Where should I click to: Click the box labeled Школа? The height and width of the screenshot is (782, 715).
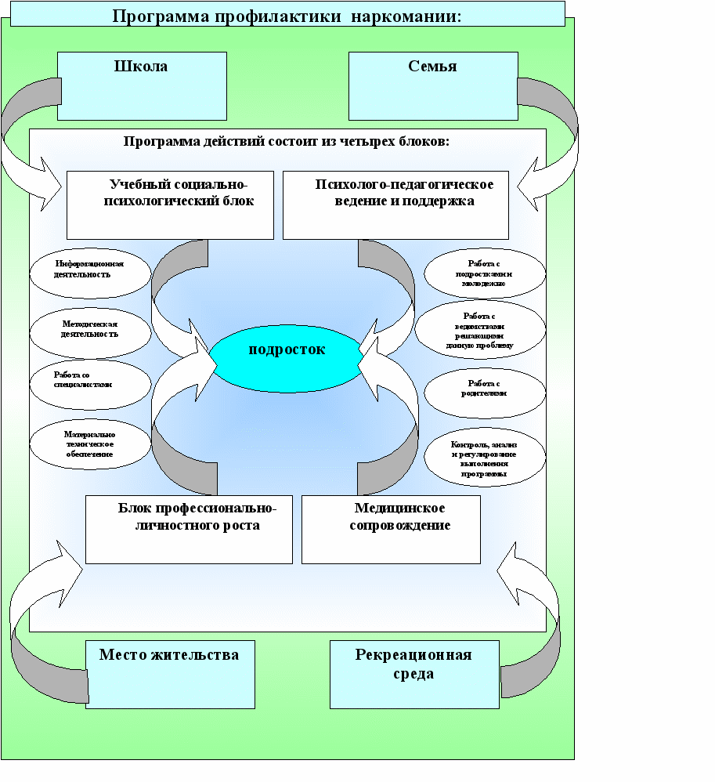tap(143, 85)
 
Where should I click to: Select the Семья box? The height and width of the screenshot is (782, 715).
tap(432, 85)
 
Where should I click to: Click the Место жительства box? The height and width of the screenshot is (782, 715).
tap(170, 674)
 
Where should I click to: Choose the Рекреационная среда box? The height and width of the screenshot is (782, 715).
tap(413, 674)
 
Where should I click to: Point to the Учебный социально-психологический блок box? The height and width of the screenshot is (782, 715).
tap(170, 205)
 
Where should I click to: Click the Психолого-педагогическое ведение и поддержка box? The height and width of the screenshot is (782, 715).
tap(395, 205)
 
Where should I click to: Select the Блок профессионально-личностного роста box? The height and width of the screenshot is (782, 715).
tap(189, 529)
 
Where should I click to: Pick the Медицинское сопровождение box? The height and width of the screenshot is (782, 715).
tap(390, 529)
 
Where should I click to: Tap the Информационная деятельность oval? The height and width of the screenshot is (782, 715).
tap(88, 270)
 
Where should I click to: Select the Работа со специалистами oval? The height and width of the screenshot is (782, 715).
tap(90, 381)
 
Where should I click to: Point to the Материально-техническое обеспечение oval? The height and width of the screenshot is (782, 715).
tap(90, 443)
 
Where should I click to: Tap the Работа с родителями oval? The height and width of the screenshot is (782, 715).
tap(484, 389)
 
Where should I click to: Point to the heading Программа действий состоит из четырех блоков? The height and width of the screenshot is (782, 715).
tap(286, 141)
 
